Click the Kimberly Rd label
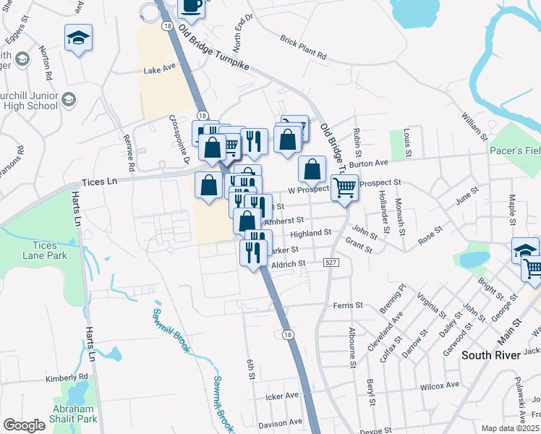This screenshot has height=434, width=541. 66,378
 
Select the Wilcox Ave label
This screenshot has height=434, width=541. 439,385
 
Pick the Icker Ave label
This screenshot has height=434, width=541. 282,396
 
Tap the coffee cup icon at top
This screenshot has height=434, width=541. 192,6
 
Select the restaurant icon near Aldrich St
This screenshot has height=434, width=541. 253,253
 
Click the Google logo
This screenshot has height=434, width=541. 24,425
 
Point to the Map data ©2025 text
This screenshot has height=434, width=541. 511,428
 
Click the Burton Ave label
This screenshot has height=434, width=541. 369,164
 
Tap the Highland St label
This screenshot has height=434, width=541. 310,234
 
